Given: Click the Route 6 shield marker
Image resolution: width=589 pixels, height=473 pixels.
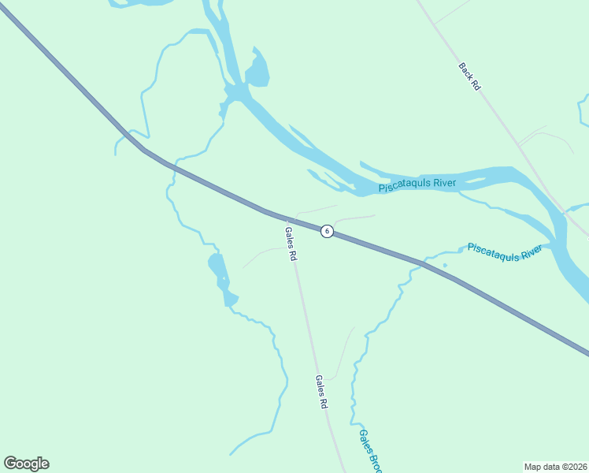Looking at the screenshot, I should [x=327, y=231].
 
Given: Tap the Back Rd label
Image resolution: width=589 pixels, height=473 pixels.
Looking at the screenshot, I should [x=469, y=76].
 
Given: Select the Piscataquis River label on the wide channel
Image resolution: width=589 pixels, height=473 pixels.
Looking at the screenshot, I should [x=417, y=185].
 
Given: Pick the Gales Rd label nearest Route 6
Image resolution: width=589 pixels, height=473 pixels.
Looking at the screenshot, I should [x=290, y=244].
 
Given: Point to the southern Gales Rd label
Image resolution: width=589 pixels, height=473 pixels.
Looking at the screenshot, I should [x=320, y=391].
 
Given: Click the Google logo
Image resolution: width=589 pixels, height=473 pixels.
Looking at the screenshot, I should [x=26, y=464].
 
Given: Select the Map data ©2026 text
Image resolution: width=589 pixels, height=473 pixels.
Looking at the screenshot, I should [x=555, y=466].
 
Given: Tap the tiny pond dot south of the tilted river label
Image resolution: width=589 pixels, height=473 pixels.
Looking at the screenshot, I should [x=445, y=265].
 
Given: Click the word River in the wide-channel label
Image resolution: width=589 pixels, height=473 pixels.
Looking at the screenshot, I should [x=440, y=184].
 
